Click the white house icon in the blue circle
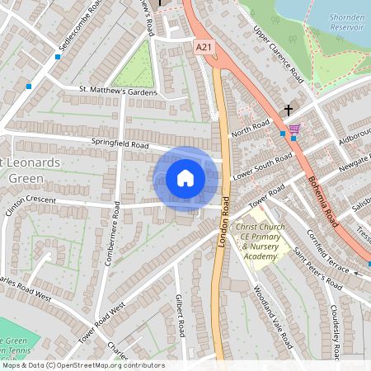pyautogui.click(x=185, y=177)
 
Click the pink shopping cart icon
pyautogui.click(x=294, y=129)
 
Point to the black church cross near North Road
pyautogui.click(x=289, y=110)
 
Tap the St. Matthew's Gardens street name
pyautogui.click(x=117, y=92)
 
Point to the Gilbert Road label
pyautogui.click(x=178, y=315)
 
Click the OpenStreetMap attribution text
pyautogui.click(x=82, y=364)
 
